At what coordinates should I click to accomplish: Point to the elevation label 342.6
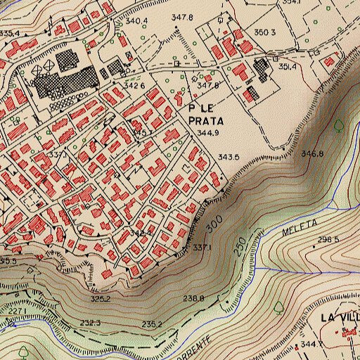click(134, 86)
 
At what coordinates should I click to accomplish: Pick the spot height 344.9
click(208, 132)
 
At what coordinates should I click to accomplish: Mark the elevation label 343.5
click(229, 157)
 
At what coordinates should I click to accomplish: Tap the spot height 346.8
click(312, 153)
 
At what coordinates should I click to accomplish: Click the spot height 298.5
click(328, 240)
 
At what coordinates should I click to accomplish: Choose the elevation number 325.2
click(101, 299)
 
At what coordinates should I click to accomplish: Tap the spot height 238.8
click(193, 299)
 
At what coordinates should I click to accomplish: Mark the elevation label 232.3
click(90, 323)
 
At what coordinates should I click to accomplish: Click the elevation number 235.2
click(152, 324)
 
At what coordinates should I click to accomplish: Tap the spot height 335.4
click(9, 33)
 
